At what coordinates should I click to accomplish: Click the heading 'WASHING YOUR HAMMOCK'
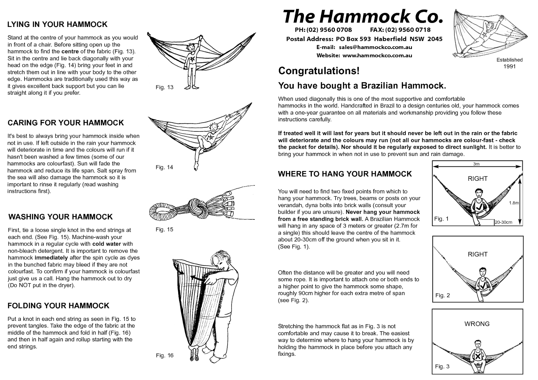pos(61,217)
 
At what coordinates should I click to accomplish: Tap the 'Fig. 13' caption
pos(164,87)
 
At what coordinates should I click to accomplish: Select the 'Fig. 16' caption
pos(164,355)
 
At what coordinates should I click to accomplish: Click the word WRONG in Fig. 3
pos(477,324)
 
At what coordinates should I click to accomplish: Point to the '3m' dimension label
pos(476,164)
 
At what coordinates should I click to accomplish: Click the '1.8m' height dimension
pos(513,203)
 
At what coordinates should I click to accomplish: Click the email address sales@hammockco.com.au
pos(375,47)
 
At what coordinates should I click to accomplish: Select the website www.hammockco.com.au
pos(377,55)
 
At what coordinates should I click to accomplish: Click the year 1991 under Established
pos(509,66)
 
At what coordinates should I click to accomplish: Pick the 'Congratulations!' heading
pos(319,71)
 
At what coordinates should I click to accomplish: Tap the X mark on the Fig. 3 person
pos(477,356)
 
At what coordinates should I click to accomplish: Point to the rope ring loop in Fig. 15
pos(161,211)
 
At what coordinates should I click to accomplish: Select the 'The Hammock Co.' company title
pos(362,16)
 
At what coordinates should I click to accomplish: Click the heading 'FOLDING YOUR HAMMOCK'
pos(59,306)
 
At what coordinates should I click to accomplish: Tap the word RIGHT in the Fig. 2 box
pos(477,254)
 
